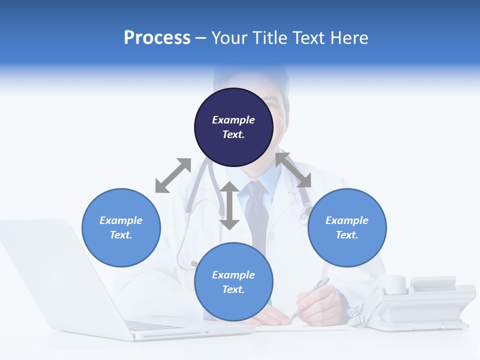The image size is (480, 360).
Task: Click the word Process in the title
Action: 157,38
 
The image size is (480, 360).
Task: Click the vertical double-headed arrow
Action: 229,205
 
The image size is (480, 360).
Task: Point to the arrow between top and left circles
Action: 173,175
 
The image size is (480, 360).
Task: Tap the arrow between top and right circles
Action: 293,170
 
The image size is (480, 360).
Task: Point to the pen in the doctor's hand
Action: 310,297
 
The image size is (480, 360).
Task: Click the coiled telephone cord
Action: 356,317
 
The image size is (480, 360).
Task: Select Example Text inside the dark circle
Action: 233,127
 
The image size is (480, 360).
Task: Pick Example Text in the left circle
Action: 121,227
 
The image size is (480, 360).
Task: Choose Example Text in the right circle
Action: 347,227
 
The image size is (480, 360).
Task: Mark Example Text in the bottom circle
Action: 233,282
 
